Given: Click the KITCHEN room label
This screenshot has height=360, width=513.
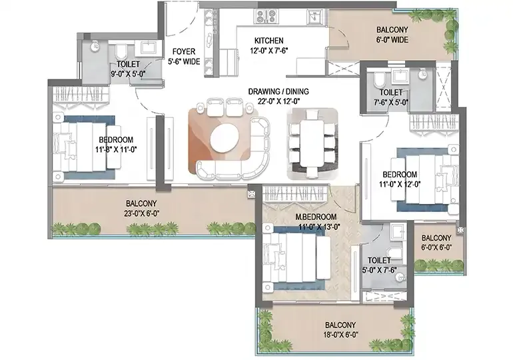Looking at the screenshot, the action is coord(269,41).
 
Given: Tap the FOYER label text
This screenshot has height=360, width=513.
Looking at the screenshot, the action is coord(184,51).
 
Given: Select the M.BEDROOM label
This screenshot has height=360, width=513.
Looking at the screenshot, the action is coord(316,217).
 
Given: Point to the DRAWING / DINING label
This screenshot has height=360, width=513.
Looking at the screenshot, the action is coord(278,91).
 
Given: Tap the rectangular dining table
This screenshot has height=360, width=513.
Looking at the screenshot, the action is coord(312,143).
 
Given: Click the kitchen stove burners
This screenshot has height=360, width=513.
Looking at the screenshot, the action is coord(266,16).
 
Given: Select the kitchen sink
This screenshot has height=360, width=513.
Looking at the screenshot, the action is coord(316,16).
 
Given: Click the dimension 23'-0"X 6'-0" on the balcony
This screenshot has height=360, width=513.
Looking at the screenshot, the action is coord(141,214).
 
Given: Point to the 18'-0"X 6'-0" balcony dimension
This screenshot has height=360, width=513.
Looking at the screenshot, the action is coord(340,335).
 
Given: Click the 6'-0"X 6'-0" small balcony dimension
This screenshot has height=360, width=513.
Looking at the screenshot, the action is coord(436,247).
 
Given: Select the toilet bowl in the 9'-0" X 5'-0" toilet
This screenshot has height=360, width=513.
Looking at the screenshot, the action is coord(121,52).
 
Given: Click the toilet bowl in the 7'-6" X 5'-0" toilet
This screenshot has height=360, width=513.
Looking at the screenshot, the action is coord(379,79).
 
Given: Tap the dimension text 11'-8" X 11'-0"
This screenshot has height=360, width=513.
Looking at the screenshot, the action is coord(116,149).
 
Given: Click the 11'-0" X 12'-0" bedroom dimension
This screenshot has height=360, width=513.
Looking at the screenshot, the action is coord(400,184).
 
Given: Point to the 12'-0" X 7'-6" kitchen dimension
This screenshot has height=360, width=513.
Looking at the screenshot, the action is coord(269,51).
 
